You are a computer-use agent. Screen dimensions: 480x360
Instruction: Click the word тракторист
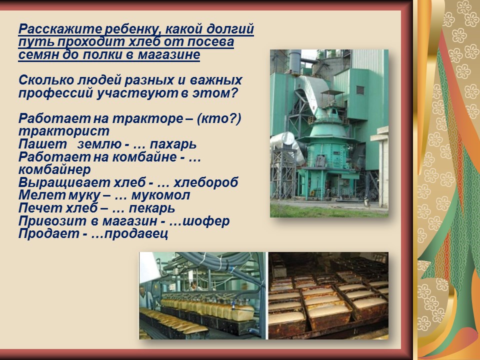tap(64, 131)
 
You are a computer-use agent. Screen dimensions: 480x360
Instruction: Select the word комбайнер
tap(54, 169)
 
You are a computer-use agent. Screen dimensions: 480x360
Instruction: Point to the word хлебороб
tap(205, 182)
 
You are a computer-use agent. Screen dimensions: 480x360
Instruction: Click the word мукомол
tap(160, 195)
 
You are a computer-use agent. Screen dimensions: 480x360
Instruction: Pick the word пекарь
tap(152, 208)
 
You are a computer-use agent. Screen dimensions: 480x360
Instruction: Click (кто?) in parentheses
tap(219, 118)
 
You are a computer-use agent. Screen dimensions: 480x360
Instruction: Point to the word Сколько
tap(46, 80)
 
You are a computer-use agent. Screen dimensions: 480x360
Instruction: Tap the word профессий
tap(55, 93)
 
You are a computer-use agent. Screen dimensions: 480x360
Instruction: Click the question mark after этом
tap(234, 93)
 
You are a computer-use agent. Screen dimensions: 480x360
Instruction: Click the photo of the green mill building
tap(329, 133)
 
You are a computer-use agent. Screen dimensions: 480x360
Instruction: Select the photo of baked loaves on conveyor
tap(202, 295)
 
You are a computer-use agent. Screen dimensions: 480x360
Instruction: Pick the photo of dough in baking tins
tap(328, 295)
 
